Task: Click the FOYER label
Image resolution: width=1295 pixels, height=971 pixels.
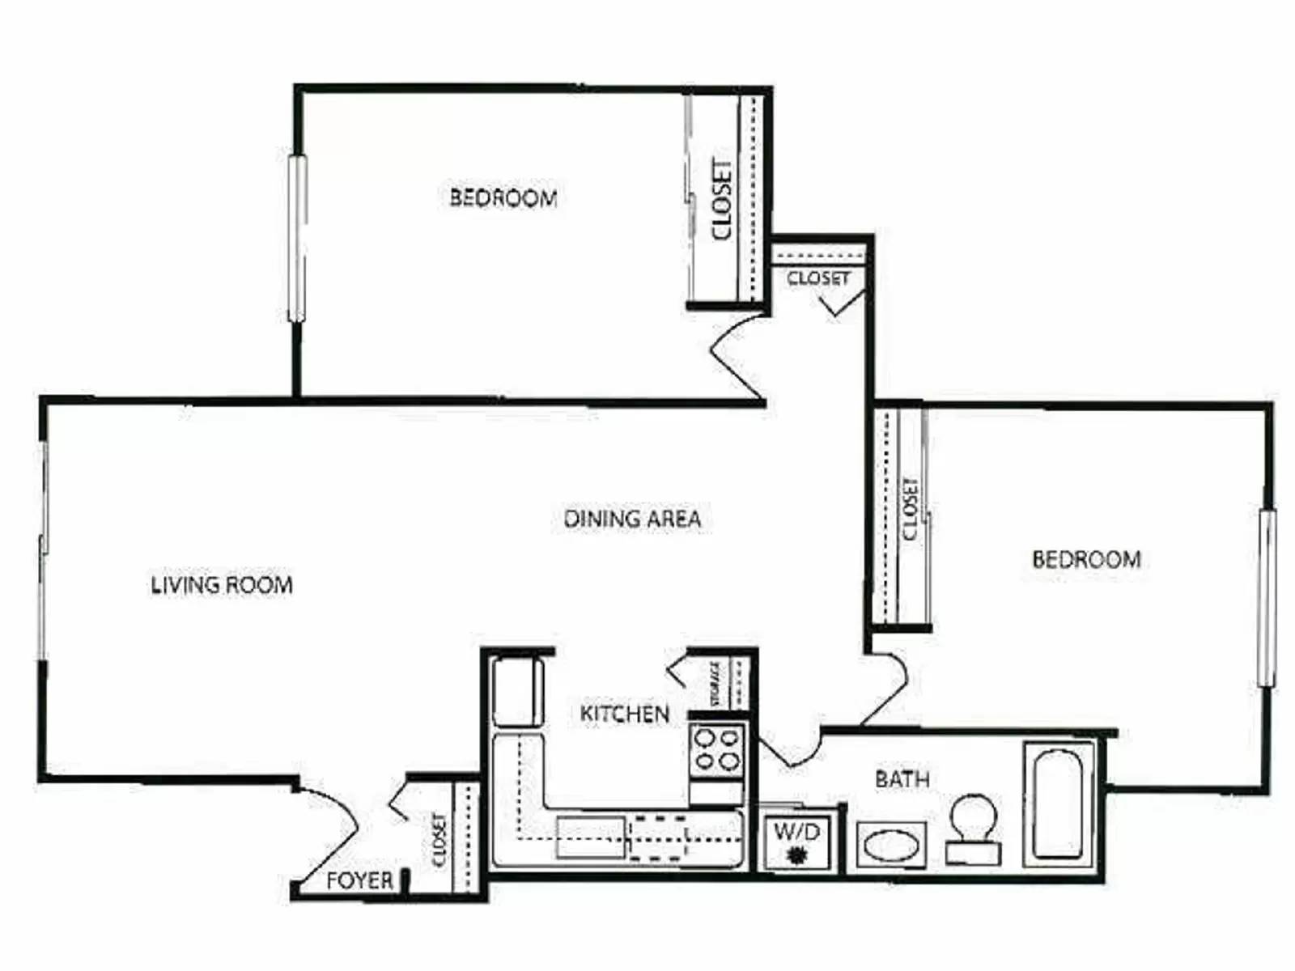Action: point(359,880)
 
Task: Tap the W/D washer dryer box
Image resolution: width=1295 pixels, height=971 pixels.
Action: point(797,842)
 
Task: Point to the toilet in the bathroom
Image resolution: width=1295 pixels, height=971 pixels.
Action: point(973,829)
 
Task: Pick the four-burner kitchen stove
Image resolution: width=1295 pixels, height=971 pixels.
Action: point(717,750)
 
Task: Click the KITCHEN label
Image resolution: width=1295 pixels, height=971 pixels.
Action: point(625,714)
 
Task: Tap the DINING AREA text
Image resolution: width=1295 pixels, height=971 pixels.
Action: point(632,519)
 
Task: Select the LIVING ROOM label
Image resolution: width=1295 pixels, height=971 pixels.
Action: point(222,584)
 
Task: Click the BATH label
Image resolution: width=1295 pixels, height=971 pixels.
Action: point(902,779)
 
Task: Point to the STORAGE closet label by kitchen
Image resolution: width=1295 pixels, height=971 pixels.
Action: point(715,685)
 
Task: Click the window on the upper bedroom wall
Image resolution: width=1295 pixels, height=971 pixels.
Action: point(297,238)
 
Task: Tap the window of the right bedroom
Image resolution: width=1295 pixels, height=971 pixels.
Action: point(1267,598)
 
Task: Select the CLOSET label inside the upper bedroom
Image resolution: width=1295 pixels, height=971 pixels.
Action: point(721,199)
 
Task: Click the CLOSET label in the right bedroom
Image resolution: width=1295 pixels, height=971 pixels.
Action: point(911,509)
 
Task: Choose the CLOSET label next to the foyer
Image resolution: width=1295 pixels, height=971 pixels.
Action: point(439,839)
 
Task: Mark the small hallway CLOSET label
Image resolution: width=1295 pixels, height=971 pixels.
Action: point(817,278)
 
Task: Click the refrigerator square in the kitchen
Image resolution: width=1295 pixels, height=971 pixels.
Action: point(518,692)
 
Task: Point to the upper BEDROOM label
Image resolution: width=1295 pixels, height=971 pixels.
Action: point(503,197)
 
